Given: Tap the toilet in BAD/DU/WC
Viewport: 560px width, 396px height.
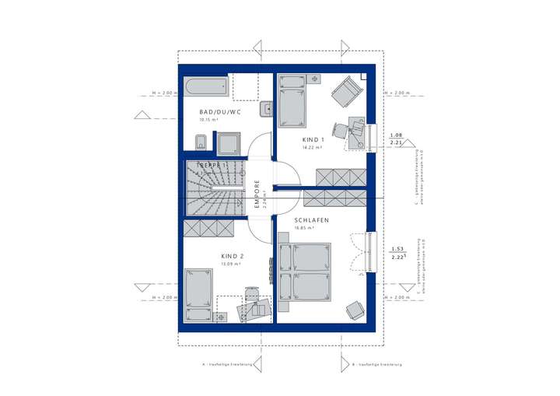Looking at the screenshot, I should (199, 141).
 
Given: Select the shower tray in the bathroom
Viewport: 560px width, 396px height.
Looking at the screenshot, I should (229, 142).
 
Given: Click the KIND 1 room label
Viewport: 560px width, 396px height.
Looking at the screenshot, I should (312, 139).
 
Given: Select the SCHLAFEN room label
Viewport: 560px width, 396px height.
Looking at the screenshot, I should (311, 221).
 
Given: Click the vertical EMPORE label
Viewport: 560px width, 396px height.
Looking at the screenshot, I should (257, 194).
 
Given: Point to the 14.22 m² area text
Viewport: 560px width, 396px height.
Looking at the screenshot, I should (312, 147).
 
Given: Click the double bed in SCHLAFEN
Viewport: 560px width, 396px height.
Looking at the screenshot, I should (304, 270).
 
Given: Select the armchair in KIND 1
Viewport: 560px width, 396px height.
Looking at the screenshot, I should (345, 93).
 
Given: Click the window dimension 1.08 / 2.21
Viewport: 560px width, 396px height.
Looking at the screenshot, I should (396, 138).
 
